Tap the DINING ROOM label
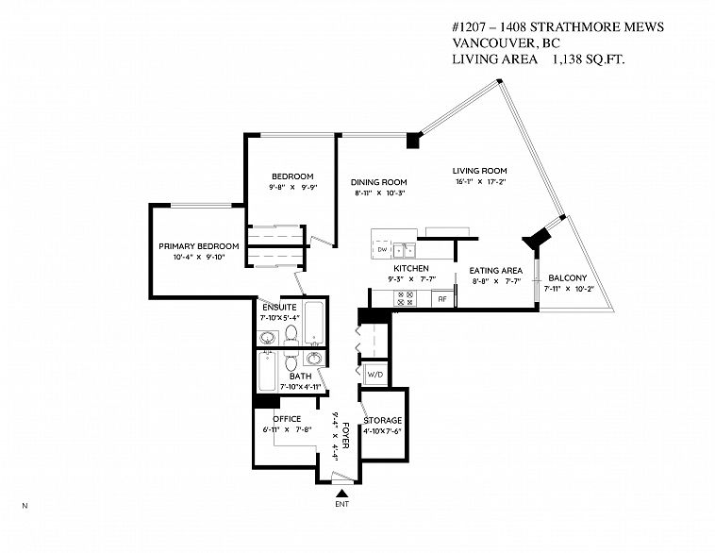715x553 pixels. tap(378, 182)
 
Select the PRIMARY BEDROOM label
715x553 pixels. tap(198, 246)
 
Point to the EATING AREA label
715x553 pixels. tap(495, 270)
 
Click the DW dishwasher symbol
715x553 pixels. tap(382, 249)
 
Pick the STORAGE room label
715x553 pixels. tap(383, 420)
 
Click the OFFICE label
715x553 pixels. tap(286, 419)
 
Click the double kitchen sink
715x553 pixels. tap(406, 250)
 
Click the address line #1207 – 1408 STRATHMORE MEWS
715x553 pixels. tap(557, 27)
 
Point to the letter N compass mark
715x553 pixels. tap(25, 507)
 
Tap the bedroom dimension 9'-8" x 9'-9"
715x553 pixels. tap(292, 188)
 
